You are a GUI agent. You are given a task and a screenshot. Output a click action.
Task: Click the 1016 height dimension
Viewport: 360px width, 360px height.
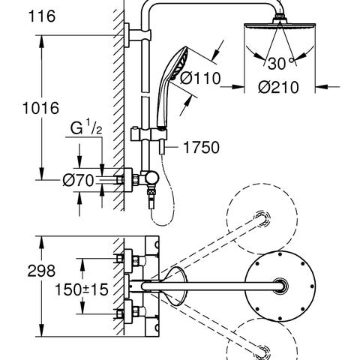tap(40, 108)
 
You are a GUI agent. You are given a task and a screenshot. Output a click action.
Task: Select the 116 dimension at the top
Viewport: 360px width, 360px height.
tap(42, 16)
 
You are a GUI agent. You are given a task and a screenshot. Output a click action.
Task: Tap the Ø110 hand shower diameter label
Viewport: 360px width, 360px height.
tap(201, 78)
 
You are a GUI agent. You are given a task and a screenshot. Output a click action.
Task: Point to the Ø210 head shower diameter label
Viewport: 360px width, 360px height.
tap(278, 87)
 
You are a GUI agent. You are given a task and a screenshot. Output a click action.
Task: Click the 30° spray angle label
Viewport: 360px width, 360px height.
tap(280, 64)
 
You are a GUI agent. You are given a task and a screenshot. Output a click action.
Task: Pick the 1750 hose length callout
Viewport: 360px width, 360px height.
tap(201, 147)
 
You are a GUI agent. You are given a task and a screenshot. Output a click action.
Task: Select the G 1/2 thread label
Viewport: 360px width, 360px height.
tap(86, 127)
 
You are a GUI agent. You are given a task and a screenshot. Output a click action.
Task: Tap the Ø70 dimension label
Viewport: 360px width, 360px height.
tap(78, 181)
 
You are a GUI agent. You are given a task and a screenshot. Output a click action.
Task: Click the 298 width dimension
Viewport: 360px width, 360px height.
tap(41, 271)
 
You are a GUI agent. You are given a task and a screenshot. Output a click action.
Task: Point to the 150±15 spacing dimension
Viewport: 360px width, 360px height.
tap(82, 289)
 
